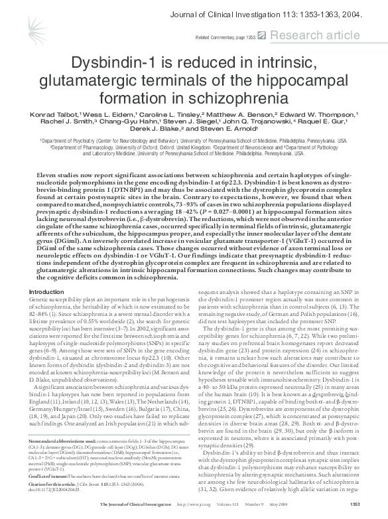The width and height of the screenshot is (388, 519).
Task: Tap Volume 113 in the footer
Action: point(246,512)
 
